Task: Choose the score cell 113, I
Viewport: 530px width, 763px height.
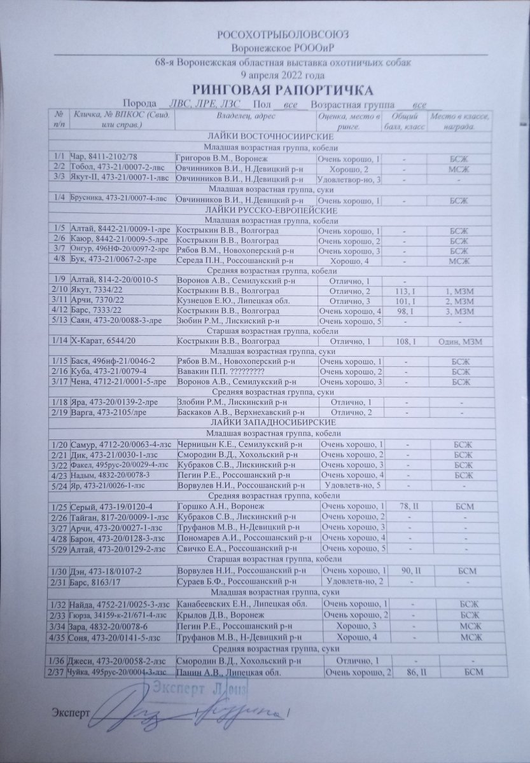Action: tap(403, 291)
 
